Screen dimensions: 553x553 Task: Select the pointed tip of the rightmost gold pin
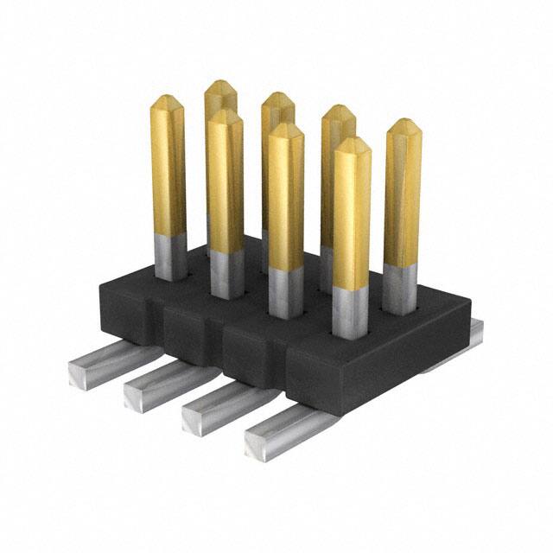tap(404, 126)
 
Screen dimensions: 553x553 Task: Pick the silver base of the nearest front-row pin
tap(351, 312)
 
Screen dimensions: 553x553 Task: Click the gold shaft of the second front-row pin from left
tap(226, 181)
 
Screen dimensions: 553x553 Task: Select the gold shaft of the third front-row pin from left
tap(285, 194)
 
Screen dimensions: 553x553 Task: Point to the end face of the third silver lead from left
tap(195, 421)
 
